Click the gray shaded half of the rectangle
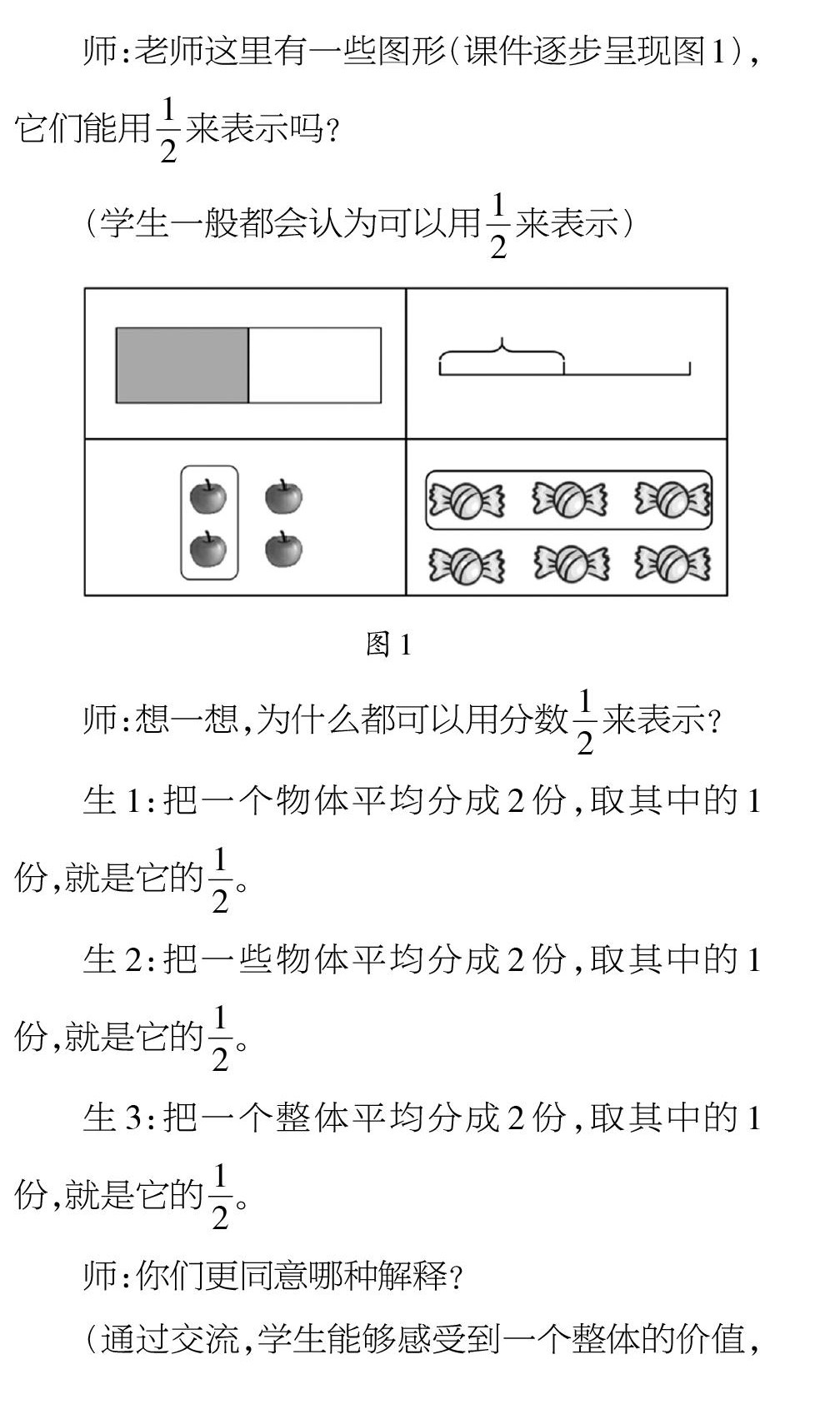(x=182, y=366)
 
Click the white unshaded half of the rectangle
(x=315, y=366)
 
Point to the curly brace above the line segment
(x=502, y=351)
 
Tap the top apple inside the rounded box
(x=208, y=496)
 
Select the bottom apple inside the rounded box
(x=208, y=549)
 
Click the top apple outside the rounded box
(x=283, y=496)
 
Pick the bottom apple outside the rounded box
(x=283, y=549)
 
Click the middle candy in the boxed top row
(x=570, y=500)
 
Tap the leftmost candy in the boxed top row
(x=466, y=500)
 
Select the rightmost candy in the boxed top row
(x=672, y=500)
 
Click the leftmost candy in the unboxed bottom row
(x=466, y=565)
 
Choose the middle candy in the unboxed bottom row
(x=571, y=564)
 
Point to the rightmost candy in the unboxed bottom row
(x=672, y=564)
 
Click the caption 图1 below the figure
(x=388, y=644)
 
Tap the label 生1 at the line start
(x=112, y=801)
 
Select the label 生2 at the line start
(x=112, y=959)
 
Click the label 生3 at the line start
(x=112, y=1118)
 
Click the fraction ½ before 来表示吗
(x=168, y=130)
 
